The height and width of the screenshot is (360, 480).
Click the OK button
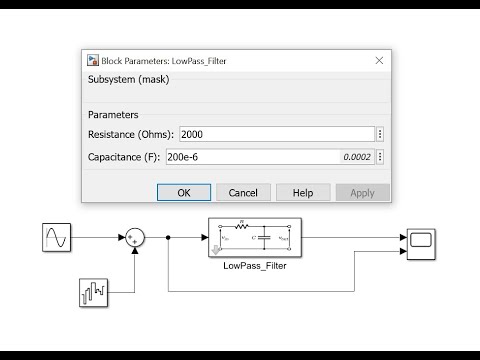184,192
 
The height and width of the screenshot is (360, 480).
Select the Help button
303,192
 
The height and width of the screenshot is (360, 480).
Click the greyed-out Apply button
362,192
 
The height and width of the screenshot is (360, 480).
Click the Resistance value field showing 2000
275,134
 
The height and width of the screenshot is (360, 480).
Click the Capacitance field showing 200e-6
260,157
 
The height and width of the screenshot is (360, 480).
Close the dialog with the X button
379,60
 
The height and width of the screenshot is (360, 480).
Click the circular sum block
135,237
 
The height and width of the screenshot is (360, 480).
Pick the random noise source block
92,292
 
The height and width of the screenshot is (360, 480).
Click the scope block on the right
419,241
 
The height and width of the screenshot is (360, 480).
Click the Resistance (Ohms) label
131,134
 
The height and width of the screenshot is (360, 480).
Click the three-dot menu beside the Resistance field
380,134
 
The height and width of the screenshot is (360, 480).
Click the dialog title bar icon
93,61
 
